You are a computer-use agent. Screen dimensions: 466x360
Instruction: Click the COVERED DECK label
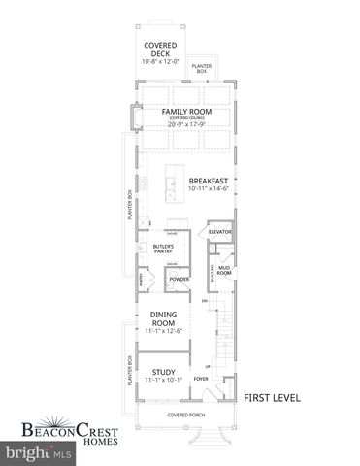159,50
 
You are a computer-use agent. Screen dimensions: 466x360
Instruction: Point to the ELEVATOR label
219,232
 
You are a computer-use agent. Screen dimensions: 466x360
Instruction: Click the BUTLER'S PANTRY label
162,250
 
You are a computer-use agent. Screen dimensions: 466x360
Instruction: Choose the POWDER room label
179,280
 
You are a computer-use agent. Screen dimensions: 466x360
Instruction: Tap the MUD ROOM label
224,271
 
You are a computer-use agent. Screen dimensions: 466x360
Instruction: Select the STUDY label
163,371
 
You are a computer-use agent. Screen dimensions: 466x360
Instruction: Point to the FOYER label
201,380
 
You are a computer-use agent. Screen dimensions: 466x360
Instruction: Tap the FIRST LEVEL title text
272,397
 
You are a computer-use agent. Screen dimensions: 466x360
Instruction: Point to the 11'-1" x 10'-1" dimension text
163,381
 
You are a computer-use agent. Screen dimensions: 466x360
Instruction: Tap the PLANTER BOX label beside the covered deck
201,68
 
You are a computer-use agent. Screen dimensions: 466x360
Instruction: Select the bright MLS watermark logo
40,452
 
